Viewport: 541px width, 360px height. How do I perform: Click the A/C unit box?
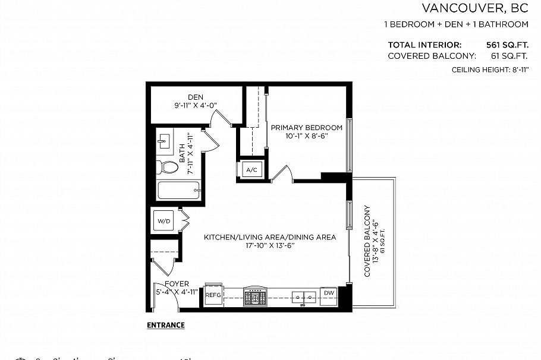[x=251, y=170]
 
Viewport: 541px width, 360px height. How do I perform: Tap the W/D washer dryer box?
[x=163, y=221]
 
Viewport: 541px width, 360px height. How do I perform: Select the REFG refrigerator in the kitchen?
[x=213, y=295]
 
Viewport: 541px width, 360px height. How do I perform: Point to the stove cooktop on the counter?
[x=256, y=295]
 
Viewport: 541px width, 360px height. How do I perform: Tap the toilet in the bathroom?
[x=167, y=167]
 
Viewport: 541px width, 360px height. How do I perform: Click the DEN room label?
[x=196, y=97]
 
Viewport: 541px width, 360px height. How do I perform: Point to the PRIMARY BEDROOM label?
[x=306, y=128]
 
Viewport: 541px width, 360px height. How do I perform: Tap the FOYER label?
[x=177, y=284]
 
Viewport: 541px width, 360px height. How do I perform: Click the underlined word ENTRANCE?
[x=165, y=325]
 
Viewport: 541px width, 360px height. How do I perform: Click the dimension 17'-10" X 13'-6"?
[x=269, y=245]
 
